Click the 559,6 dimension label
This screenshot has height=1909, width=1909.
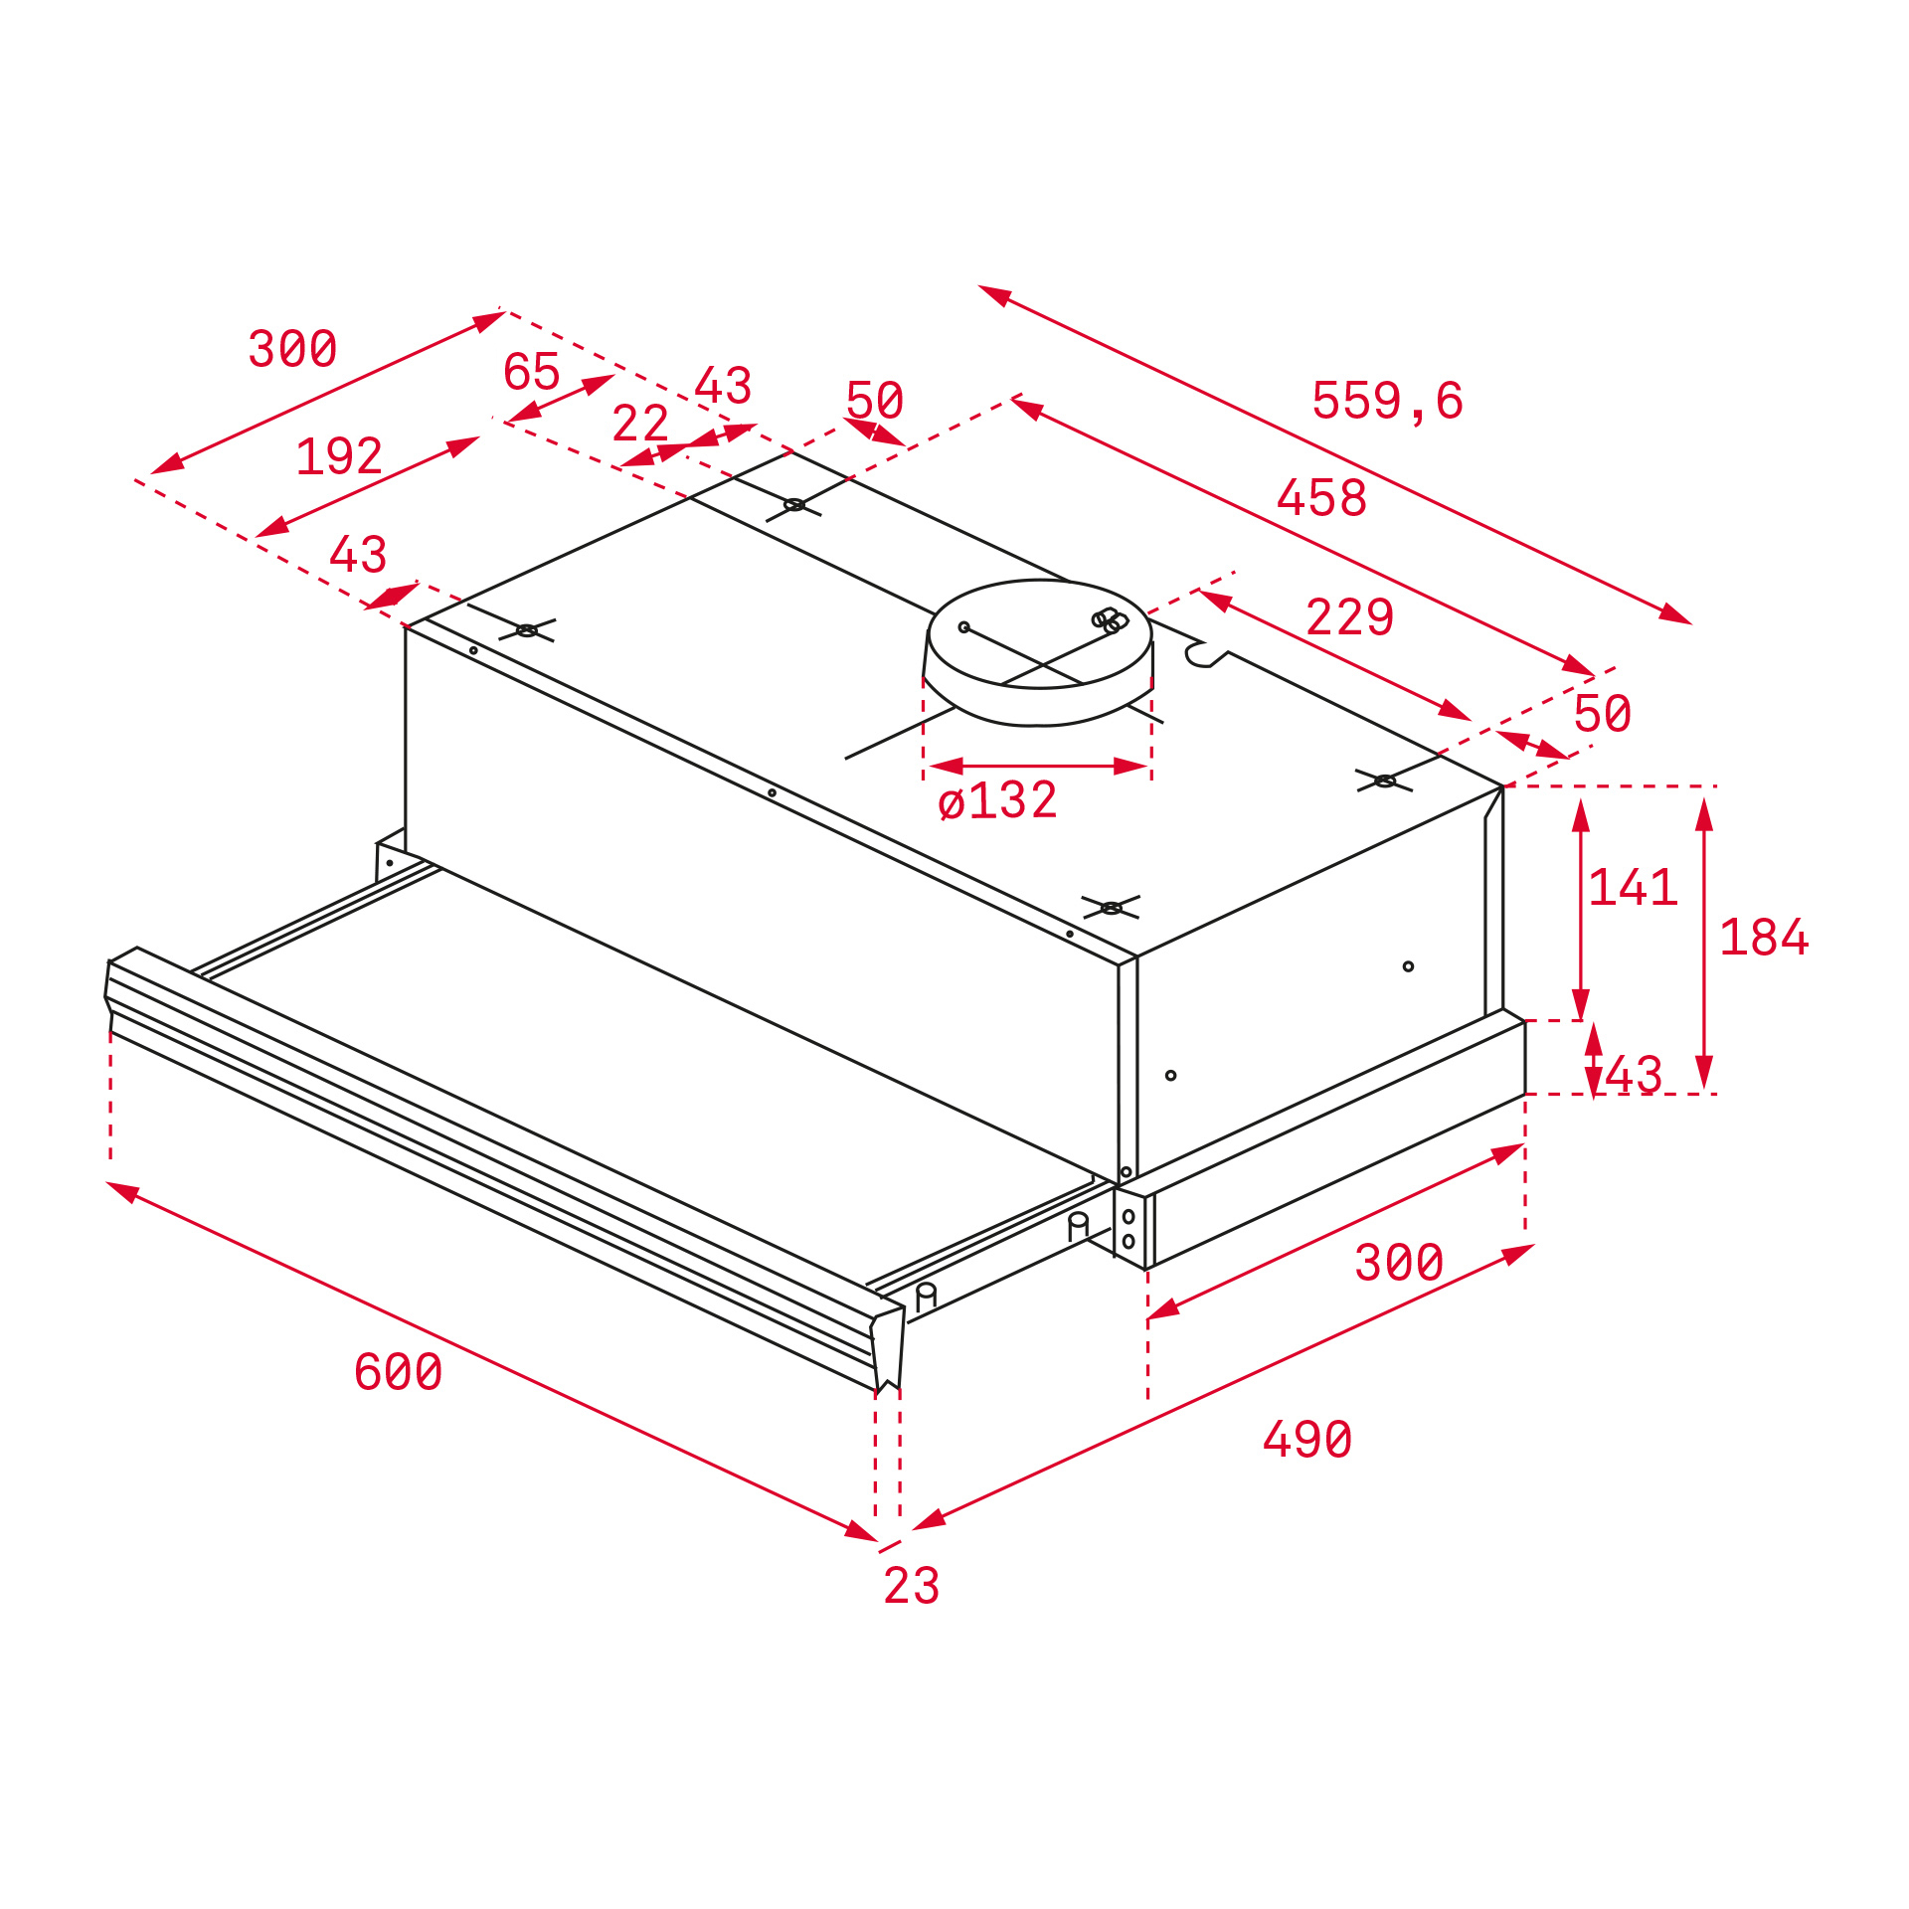coord(1387,401)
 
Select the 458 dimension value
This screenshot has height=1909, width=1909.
coord(1321,497)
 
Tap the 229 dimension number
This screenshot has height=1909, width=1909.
coord(1349,617)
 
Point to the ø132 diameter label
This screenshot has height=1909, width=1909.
coord(997,800)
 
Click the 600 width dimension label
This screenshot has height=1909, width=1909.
coord(398,1372)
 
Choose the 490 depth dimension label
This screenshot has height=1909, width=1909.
coord(1307,1440)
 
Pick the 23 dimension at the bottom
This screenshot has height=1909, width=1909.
coord(911,1586)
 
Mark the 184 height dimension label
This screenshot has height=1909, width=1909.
coord(1764,938)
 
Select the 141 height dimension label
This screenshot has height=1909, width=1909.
coord(1634,887)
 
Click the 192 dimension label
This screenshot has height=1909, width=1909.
coord(339,457)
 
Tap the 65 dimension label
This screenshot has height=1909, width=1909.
coord(532,372)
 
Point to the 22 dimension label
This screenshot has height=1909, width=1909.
coord(640,424)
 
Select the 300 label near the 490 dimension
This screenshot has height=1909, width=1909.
coord(1399,1263)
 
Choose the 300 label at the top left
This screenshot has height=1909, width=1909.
coord(292,349)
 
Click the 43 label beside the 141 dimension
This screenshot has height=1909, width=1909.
coord(1634,1075)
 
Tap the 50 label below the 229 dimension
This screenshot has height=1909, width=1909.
coord(1603,714)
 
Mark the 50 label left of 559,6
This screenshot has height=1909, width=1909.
coord(875,401)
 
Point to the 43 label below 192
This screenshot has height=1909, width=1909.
coord(358,555)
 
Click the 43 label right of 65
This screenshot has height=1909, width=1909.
coord(723,386)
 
